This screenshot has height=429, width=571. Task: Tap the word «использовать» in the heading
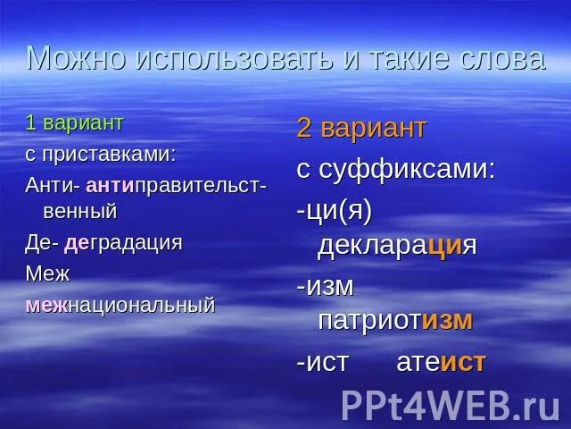[225, 58]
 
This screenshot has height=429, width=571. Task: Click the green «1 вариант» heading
[75, 123]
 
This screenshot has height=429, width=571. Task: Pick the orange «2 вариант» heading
[361, 128]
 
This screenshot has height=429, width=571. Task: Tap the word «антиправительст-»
[177, 185]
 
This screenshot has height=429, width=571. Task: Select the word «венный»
[80, 212]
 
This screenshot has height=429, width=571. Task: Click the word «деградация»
[123, 243]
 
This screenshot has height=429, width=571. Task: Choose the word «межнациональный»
[120, 305]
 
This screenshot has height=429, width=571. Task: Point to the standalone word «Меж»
[47, 273]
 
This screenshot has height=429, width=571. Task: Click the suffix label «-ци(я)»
[334, 210]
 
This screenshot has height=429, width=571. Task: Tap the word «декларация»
[397, 246]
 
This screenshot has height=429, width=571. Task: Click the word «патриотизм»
[395, 320]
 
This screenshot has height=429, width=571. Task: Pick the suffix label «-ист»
[323, 362]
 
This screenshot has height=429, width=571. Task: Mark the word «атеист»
[441, 362]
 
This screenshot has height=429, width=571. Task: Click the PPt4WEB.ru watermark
[450, 404]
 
